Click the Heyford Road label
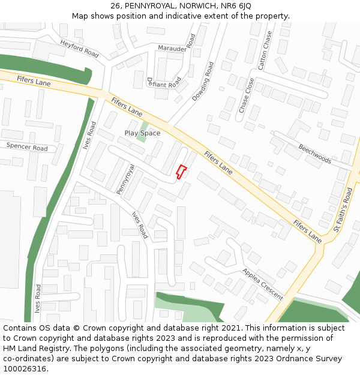click(79, 49)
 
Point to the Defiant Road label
click(164, 83)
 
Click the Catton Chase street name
click(265, 50)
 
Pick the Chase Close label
click(247, 95)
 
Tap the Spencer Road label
click(27, 147)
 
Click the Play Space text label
click(142, 133)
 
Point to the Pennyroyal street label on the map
click(125, 179)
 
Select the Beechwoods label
click(315, 154)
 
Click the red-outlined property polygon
click(181, 172)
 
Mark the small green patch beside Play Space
click(142, 132)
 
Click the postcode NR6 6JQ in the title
click(236, 6)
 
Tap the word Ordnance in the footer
click(288, 358)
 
